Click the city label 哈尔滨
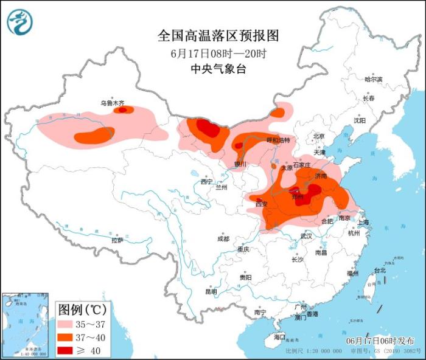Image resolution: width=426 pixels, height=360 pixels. pos(373,79)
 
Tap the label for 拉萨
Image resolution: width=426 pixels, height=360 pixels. pos(117,240)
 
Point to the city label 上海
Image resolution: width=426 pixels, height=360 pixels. pos(363,222)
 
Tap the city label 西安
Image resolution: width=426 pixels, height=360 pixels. pos(261,204)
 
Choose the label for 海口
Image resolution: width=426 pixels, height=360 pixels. pos(279,336)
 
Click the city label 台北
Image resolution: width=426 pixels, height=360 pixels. pos(379,270)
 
